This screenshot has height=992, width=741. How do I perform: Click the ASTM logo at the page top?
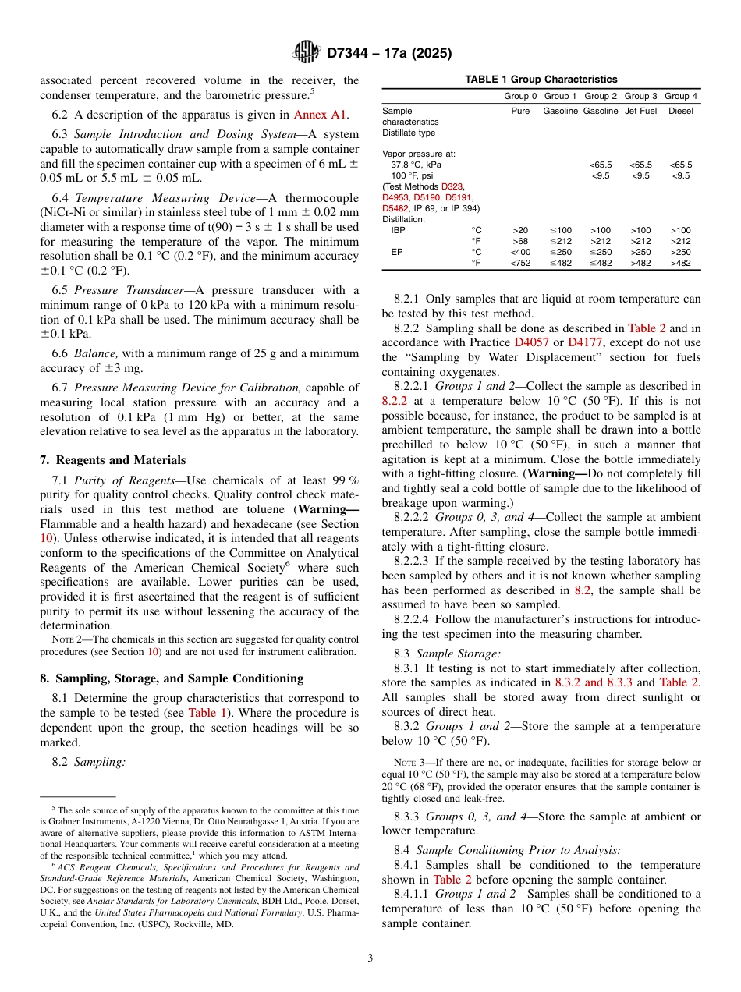[x=306, y=52]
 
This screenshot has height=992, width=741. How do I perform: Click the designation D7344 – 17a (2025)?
[x=389, y=54]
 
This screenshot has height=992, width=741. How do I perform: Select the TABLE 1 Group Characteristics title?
[x=541, y=80]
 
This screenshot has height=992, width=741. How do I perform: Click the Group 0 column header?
[x=520, y=96]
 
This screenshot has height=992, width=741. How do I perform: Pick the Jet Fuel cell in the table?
[x=640, y=112]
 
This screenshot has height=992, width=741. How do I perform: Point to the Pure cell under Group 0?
[x=520, y=112]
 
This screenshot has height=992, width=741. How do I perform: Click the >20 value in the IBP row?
[x=520, y=231]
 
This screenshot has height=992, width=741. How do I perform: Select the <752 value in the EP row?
[x=520, y=264]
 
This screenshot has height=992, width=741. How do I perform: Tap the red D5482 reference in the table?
[x=396, y=209]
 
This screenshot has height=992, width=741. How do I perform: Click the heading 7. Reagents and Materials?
[x=113, y=460]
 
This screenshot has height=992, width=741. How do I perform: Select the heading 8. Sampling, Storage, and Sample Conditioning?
[x=171, y=678]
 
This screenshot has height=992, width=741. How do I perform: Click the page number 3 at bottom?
[x=370, y=958]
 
